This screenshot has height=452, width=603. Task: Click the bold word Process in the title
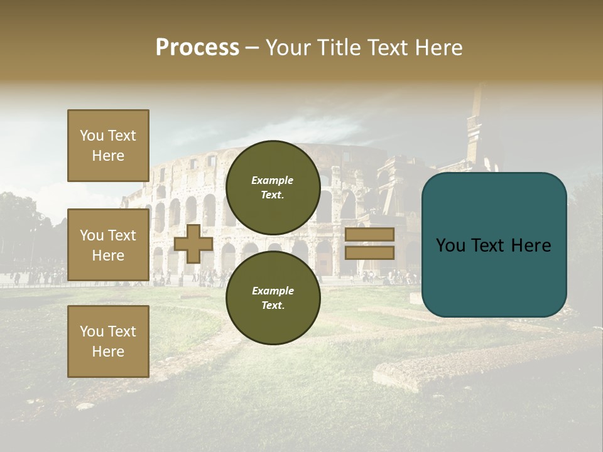click(x=197, y=48)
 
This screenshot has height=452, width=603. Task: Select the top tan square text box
click(x=108, y=146)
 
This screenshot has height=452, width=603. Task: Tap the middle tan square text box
click(x=108, y=245)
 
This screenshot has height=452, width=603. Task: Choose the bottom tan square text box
click(x=108, y=342)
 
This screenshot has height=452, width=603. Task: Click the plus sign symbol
click(x=193, y=244)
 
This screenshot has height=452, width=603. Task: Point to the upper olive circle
click(x=273, y=187)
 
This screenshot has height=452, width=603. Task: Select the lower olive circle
click(x=273, y=298)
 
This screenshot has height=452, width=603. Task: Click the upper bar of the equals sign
click(x=369, y=235)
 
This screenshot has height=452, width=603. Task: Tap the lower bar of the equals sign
click(x=369, y=253)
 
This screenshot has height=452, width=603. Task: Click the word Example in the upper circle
click(x=273, y=180)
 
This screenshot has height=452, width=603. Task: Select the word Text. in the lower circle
click(x=273, y=305)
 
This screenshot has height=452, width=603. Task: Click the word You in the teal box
click(x=450, y=245)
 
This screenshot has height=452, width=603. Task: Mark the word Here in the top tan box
click(x=108, y=156)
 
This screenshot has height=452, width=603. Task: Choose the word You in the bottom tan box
click(x=92, y=331)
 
